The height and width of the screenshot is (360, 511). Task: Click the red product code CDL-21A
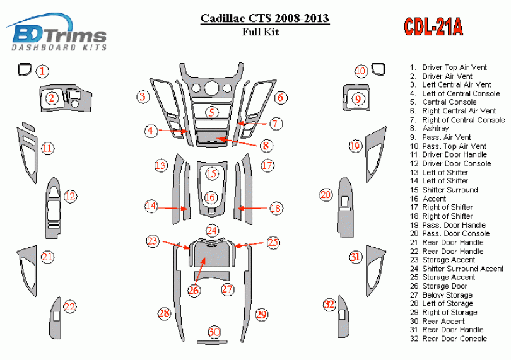point(433,26)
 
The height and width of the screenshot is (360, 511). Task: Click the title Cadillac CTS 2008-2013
point(264,18)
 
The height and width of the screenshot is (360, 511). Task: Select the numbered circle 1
point(42,71)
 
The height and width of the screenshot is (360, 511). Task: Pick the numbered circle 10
point(360,71)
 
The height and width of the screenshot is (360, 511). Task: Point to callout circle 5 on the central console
point(213,113)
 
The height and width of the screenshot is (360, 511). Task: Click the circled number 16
point(211,197)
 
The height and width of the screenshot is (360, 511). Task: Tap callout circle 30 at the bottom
point(214,332)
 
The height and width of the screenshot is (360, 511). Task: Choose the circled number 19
point(355,146)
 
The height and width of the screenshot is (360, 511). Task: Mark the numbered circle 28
point(165,313)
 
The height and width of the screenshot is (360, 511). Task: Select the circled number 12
point(69,197)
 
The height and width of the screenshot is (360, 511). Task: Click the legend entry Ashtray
point(435,129)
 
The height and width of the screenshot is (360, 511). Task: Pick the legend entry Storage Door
point(445,286)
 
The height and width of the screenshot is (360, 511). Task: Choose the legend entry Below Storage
point(447,295)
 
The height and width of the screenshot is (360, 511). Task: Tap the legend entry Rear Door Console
point(454,339)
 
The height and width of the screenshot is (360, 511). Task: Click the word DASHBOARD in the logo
point(35,47)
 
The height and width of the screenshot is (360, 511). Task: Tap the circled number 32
point(329,305)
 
